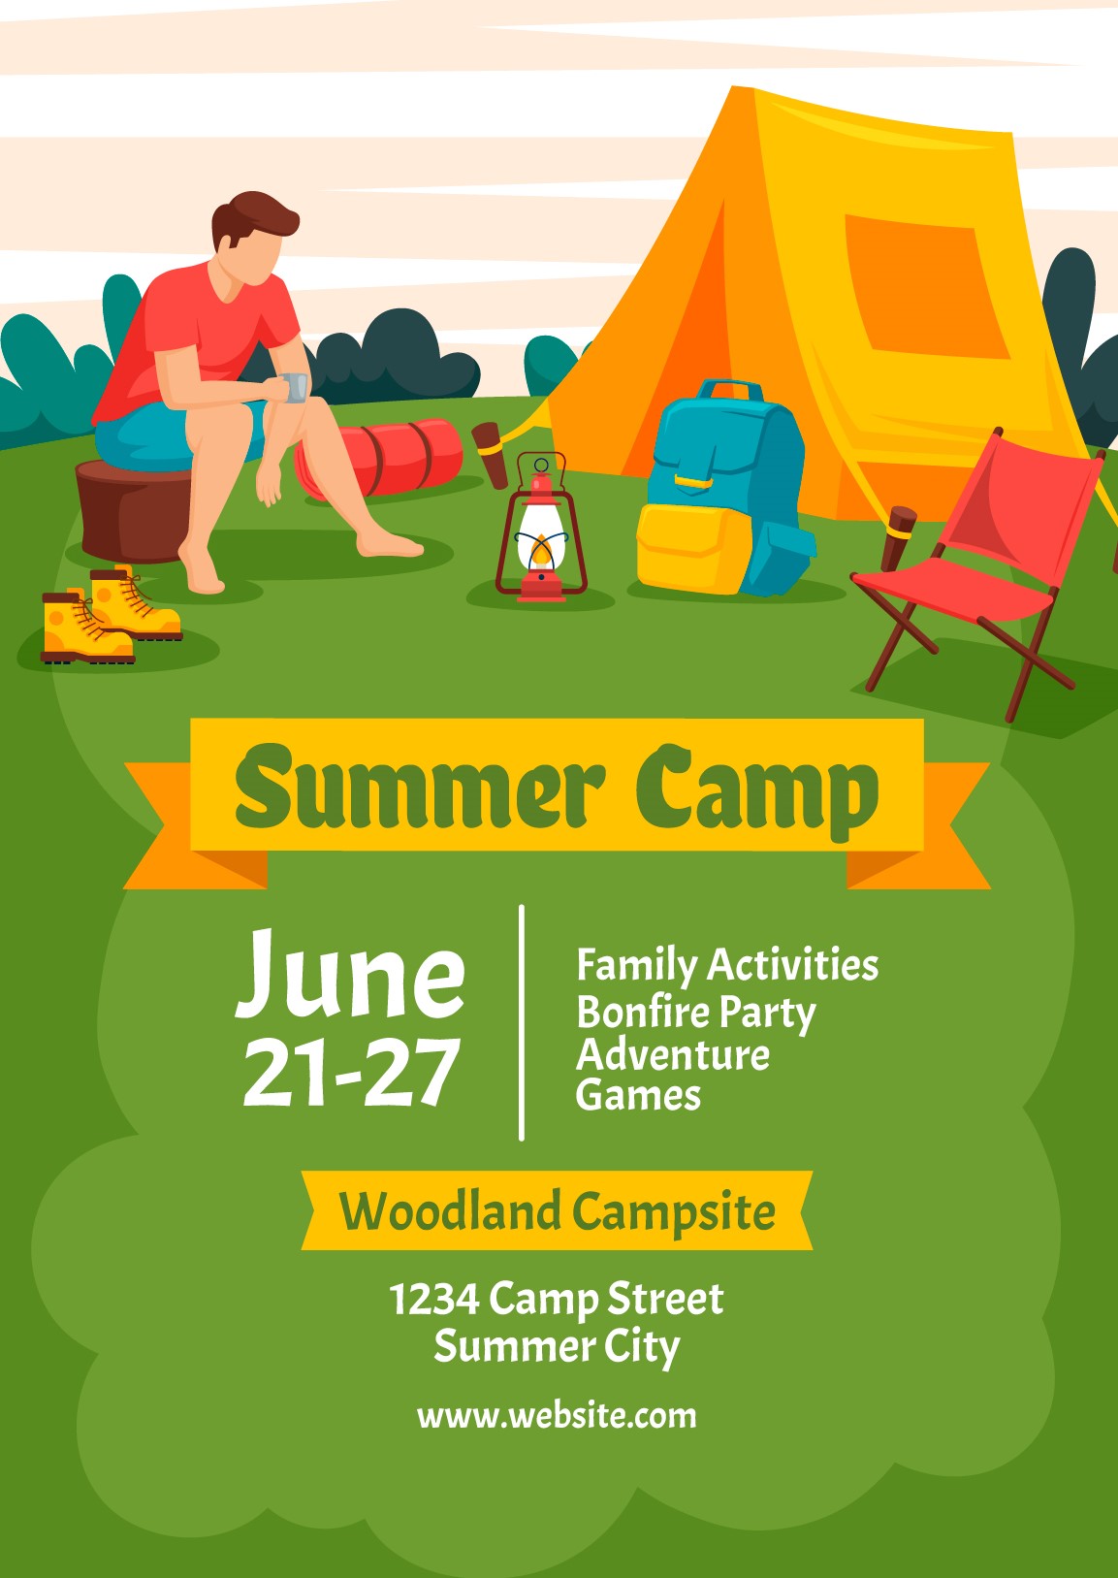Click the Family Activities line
coord(727,965)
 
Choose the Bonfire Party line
coord(696,1013)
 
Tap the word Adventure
coord(673,1054)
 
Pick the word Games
coord(638,1096)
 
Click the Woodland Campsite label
coord(558,1211)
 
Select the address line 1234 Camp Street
coord(557,1299)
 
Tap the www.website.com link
coord(557,1416)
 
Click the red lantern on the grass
coord(541,527)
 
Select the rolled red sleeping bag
coord(380,458)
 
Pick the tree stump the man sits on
coord(134,512)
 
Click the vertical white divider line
coord(522,1022)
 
